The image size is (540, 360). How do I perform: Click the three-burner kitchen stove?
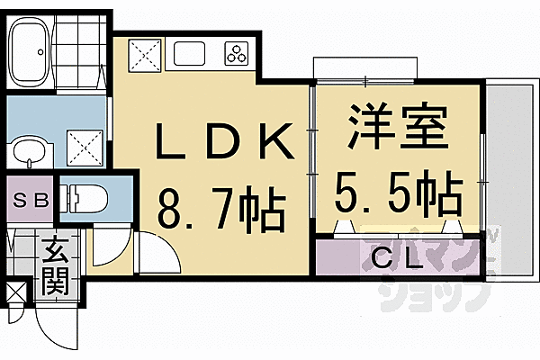click(x=238, y=54)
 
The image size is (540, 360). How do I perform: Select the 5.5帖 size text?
click(x=400, y=190)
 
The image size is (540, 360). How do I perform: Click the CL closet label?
click(x=396, y=260)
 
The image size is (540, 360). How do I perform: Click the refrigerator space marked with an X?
click(x=145, y=53)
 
